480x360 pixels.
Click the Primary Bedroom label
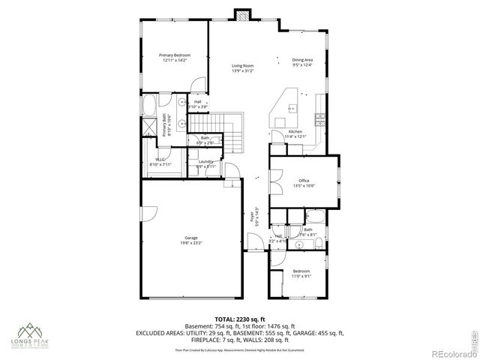coord(175,55)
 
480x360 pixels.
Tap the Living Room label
coord(241,66)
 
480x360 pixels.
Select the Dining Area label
coord(303,60)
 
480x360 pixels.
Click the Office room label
coord(304,181)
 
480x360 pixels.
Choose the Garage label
coord(191,238)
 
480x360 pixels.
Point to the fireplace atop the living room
coord(241,14)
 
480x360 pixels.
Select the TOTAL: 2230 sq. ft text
coord(240,319)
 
